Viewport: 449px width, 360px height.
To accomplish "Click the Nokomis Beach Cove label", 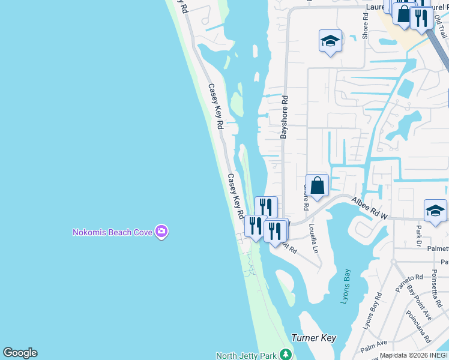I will (112, 232).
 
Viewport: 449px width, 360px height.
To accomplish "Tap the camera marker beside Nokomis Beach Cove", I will (161, 231).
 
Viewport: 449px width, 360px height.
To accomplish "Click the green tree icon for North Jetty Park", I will (286, 355).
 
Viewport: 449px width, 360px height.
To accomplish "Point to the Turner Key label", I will (313, 338).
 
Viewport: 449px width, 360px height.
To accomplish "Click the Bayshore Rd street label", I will (284, 117).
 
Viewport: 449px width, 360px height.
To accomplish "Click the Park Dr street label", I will (418, 235).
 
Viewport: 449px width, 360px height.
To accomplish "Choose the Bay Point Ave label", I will (420, 303).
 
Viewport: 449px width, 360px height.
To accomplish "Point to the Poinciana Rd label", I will (418, 326).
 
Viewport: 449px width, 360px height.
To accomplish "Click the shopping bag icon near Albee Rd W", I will (317, 185).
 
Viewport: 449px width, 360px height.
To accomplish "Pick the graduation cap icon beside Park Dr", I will (435, 211).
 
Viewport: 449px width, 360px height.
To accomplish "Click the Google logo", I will (20, 353).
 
